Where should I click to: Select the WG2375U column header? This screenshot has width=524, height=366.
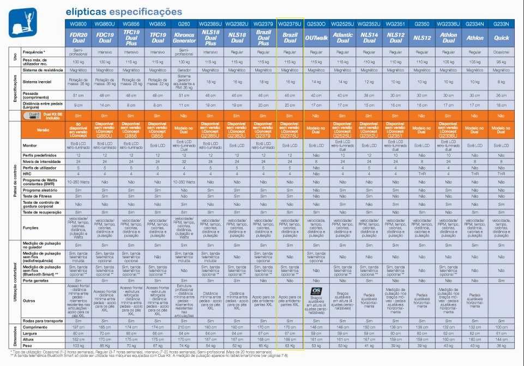pyautogui.click(x=290, y=25)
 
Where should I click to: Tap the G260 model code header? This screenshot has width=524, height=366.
pyautogui.click(x=184, y=25)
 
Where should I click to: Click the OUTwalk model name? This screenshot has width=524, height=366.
pyautogui.click(x=316, y=38)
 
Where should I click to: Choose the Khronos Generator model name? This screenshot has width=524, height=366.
pyautogui.click(x=184, y=38)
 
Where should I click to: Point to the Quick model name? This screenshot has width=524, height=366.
pyautogui.click(x=501, y=38)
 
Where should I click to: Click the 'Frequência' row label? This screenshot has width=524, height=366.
pyautogui.click(x=35, y=52)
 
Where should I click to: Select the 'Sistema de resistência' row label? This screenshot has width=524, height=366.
pyautogui.click(x=43, y=70)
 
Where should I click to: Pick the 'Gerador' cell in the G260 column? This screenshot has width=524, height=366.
pyautogui.click(x=184, y=70)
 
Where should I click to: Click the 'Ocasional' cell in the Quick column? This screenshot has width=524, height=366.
pyautogui.click(x=501, y=52)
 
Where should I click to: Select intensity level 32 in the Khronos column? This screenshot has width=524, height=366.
pyautogui.click(x=184, y=162)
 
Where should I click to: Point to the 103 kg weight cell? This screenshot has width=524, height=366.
pyautogui.click(x=78, y=345)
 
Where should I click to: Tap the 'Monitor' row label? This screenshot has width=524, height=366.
pyautogui.click(x=30, y=145)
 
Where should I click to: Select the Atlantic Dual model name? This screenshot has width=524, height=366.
pyautogui.click(x=342, y=38)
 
